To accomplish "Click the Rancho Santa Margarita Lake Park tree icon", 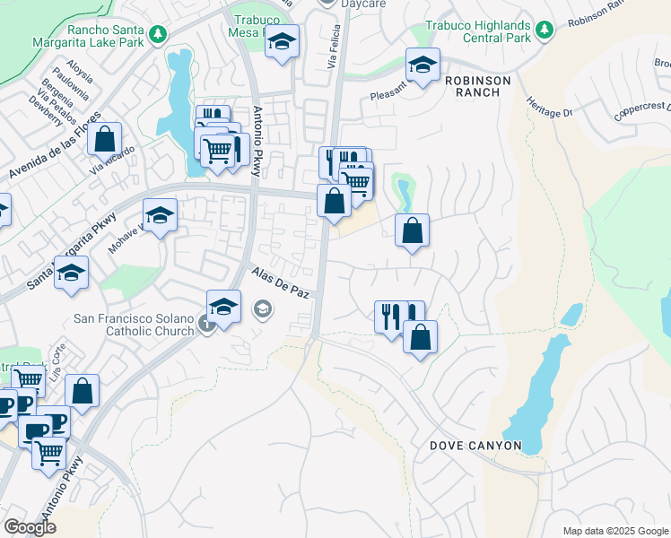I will pos(158,33).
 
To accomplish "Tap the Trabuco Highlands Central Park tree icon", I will pos(544,30).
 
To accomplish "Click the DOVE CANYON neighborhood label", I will pos(475,446).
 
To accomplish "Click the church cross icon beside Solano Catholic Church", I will pos(206,325).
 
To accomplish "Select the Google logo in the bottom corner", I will pos(30,527).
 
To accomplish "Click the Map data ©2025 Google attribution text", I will pos(615,531).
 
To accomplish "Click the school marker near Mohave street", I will pos(160,216).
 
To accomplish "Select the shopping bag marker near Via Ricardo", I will pos(104,140).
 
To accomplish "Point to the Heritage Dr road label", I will pos(548,107).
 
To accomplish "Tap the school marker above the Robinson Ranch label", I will pos(423,64).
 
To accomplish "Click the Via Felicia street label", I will pos(336,48).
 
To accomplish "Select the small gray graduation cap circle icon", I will pos(262,310).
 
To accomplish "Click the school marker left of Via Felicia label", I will pos(283,41).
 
